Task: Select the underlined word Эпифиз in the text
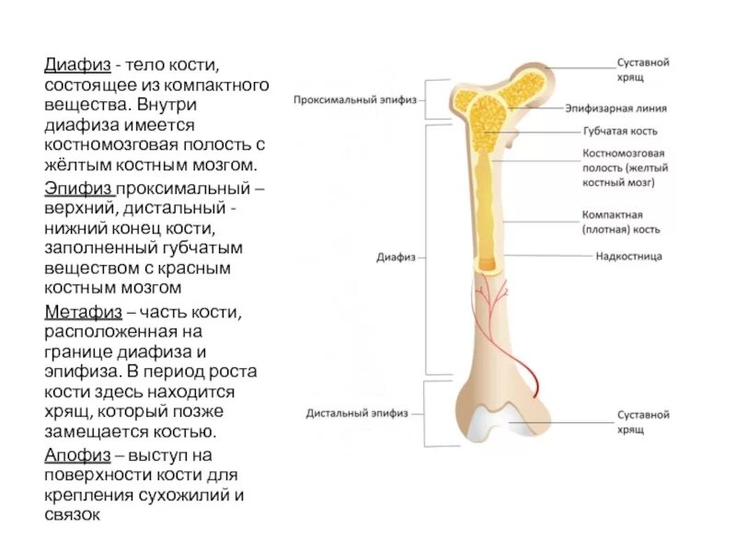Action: click(75, 188)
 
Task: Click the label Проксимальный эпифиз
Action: click(355, 98)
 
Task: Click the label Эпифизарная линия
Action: click(628, 109)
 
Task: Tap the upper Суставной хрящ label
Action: click(642, 70)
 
